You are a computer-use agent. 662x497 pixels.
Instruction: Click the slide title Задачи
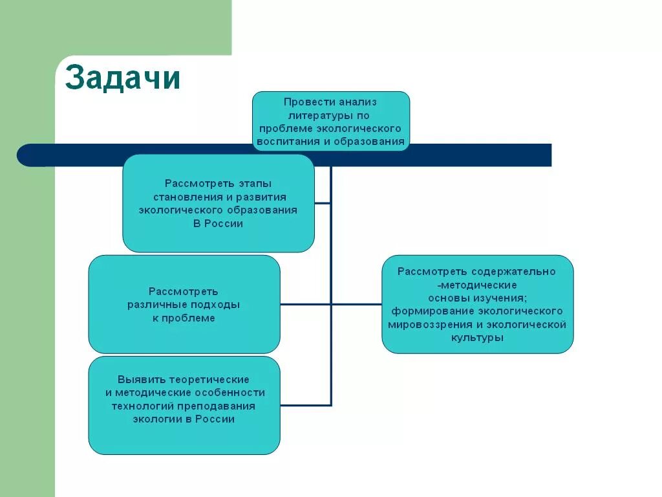[x=123, y=78]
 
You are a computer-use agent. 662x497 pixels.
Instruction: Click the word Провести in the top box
[x=304, y=102]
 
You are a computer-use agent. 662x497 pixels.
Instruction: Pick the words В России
[x=218, y=224]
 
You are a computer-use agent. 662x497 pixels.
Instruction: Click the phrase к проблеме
[x=184, y=318]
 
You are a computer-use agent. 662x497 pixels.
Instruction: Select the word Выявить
[x=141, y=379]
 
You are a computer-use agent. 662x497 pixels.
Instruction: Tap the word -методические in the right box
[x=477, y=285]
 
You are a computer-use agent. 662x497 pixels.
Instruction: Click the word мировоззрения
[x=431, y=324]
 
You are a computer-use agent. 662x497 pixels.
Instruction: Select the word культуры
[x=477, y=338]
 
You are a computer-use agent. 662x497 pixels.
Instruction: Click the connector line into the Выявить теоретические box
[x=305, y=406]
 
